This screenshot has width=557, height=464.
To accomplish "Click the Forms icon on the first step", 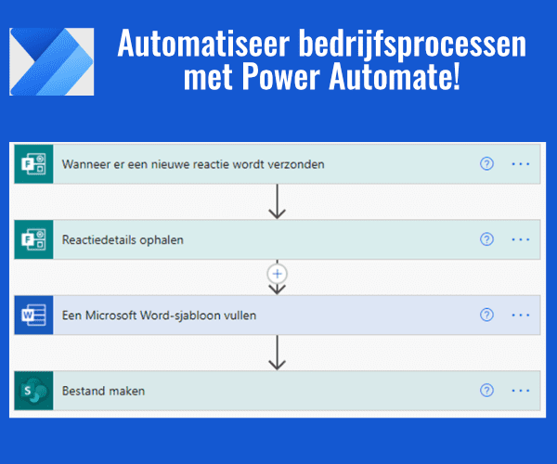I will click(35, 164).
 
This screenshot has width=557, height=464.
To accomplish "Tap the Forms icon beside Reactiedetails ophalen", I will click(35, 239).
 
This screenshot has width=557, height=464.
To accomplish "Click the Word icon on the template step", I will click(35, 316).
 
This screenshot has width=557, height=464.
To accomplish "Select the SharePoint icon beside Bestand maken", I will click(35, 391).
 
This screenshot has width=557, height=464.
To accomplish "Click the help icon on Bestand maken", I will click(486, 391).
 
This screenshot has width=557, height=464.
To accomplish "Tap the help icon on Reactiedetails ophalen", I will click(486, 239).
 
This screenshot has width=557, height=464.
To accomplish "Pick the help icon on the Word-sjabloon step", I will click(486, 316).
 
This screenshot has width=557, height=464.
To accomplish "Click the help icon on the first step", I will click(486, 164).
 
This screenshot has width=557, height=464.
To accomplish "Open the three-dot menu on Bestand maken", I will click(520, 391).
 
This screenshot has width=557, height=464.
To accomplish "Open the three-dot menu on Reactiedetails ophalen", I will click(520, 239).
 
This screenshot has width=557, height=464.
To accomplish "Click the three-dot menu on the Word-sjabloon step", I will click(520, 316).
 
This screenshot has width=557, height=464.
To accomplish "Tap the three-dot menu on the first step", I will click(520, 164).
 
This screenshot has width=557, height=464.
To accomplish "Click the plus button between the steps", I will click(276, 274).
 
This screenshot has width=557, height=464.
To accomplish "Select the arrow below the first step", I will click(276, 201).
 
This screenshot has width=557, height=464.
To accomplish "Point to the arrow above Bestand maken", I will click(276, 353).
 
